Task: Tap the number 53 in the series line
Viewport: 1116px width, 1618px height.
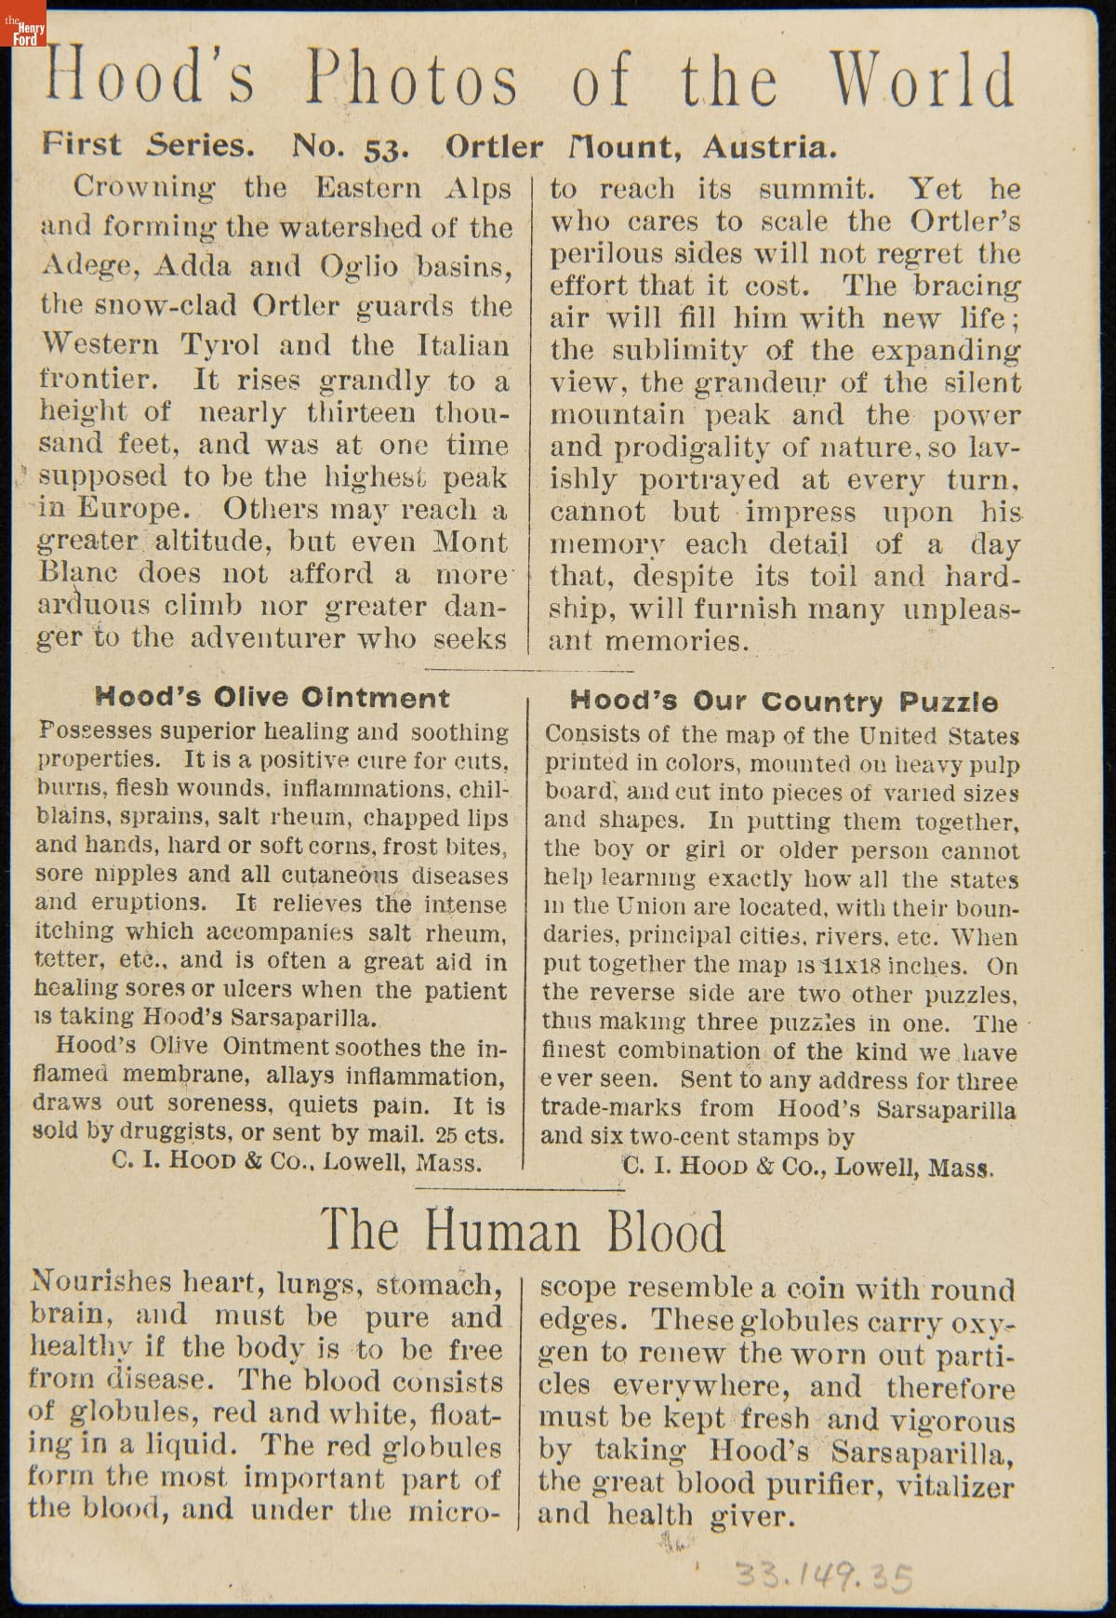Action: click(x=384, y=148)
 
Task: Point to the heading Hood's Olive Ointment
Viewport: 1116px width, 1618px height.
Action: click(x=272, y=698)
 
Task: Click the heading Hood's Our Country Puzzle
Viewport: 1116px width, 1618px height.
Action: click(x=783, y=702)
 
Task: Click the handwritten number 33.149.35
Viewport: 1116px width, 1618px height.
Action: click(x=824, y=1576)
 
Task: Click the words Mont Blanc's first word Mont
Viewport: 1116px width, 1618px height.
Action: click(x=471, y=542)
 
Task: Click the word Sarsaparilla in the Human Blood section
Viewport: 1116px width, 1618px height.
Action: click(x=922, y=1452)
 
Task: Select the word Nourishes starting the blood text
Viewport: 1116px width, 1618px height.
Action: click(x=101, y=1283)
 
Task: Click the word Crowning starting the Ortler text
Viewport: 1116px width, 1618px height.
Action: click(x=144, y=187)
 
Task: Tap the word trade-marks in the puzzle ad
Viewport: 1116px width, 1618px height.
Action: click(x=610, y=1109)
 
